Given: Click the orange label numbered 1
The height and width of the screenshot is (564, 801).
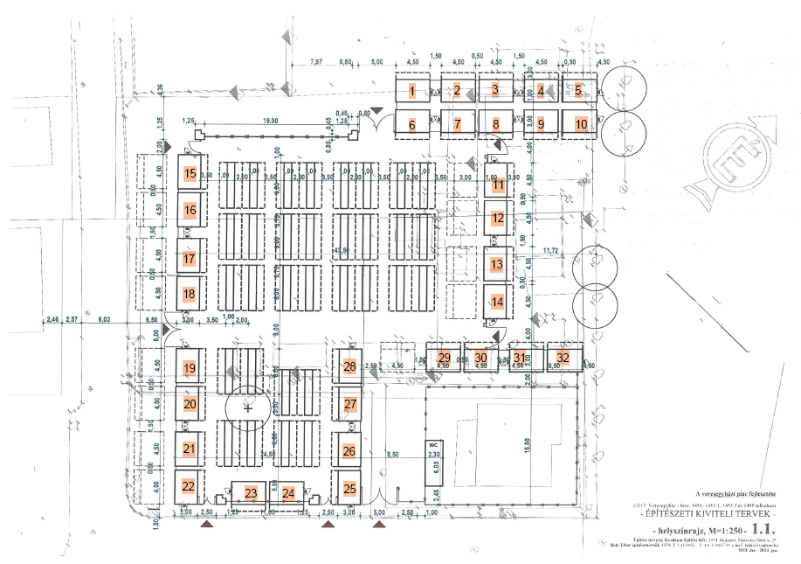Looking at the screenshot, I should pyautogui.click(x=411, y=90).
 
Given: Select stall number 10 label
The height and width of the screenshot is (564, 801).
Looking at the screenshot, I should pyautogui.click(x=581, y=124).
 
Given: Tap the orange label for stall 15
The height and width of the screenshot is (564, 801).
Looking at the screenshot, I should pyautogui.click(x=190, y=174).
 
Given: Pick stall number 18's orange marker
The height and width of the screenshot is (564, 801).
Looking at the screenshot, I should pyautogui.click(x=190, y=294).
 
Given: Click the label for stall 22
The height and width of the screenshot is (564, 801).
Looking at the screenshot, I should pyautogui.click(x=188, y=486).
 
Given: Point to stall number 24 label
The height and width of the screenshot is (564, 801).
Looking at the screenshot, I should pyautogui.click(x=288, y=492).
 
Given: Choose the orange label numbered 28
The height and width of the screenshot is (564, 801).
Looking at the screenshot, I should pyautogui.click(x=349, y=366).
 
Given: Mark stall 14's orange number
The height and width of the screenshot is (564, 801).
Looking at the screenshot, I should pyautogui.click(x=497, y=302).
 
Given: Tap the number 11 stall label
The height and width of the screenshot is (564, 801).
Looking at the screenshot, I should pyautogui.click(x=498, y=185).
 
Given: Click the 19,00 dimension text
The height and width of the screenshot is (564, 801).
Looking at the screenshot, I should pyautogui.click(x=269, y=122).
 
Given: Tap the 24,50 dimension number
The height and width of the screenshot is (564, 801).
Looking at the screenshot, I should pyautogui.click(x=267, y=455).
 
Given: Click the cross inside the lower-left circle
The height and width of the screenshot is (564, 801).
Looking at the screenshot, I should pyautogui.click(x=248, y=407).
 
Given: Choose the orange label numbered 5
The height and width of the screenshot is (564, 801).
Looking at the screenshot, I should pyautogui.click(x=578, y=90).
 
